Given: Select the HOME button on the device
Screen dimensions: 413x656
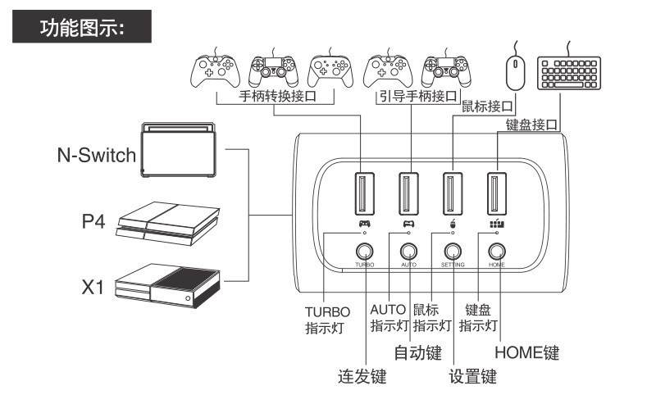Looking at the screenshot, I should pos(496,252).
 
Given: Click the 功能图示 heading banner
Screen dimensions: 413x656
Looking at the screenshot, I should pos(82,28).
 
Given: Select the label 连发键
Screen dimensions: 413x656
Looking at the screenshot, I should pos(362,378).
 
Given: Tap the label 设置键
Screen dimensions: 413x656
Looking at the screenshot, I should pos(473,378).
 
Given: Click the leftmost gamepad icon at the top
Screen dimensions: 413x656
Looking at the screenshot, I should pos(216,70).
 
